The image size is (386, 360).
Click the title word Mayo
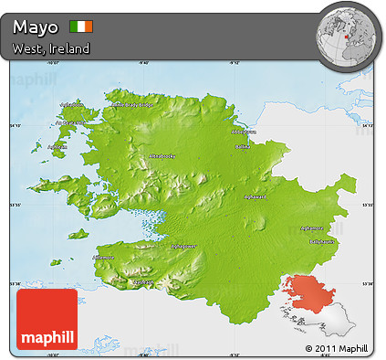tap(37, 26)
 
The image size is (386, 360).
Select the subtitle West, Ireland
tap(51, 48)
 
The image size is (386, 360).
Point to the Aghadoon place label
tap(72, 104)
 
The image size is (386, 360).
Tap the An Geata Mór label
tap(70, 123)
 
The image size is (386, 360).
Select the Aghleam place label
tap(57, 145)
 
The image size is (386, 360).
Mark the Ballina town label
tap(243, 145)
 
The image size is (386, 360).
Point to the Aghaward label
tap(253, 196)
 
